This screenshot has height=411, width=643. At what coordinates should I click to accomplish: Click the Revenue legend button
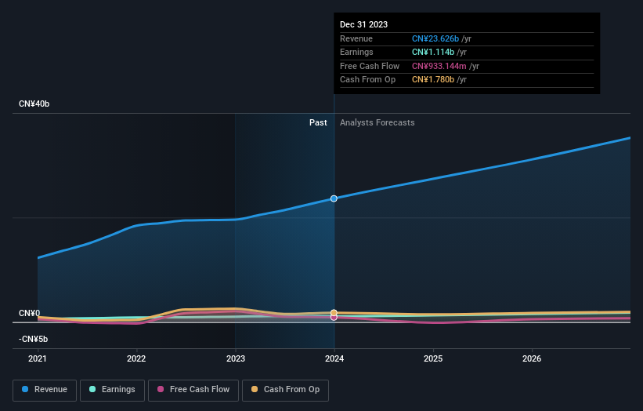[45, 389]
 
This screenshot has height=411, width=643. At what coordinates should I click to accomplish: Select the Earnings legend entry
[111, 389]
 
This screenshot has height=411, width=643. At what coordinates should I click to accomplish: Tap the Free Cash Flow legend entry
[193, 389]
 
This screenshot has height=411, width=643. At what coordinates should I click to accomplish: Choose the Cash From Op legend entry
[285, 389]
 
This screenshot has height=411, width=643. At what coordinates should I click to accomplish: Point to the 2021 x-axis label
[38, 359]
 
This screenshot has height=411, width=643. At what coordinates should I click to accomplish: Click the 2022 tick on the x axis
[136, 359]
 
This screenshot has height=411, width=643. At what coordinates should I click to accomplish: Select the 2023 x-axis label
[235, 359]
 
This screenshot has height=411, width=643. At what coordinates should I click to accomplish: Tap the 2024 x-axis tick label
[334, 359]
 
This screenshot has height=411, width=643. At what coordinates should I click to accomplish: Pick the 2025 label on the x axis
[433, 359]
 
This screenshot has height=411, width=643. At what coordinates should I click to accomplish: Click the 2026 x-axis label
[532, 359]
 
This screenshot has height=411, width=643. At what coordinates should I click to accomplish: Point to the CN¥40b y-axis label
[34, 104]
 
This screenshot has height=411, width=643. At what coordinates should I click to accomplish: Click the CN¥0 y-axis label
[29, 314]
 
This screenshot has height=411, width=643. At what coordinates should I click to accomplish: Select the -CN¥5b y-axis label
[33, 339]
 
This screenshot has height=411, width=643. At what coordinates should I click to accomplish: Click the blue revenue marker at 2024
[334, 198]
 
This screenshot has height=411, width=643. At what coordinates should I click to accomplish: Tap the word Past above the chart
[318, 122]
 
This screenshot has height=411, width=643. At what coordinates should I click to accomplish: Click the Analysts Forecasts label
[377, 122]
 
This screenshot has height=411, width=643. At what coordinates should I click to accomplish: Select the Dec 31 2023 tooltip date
[363, 25]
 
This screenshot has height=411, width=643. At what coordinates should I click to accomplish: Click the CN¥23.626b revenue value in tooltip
[435, 39]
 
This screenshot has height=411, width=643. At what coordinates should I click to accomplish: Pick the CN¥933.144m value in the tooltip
[438, 67]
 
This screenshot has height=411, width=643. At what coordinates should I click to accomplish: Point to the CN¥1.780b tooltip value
[433, 80]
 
